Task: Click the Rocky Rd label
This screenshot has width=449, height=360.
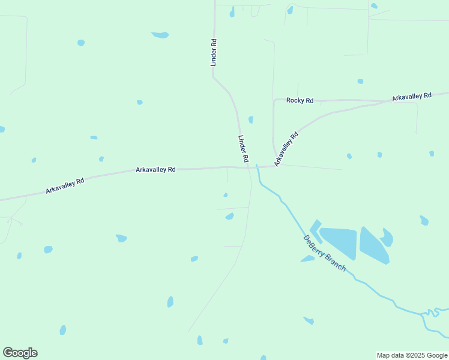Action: click(x=300, y=100)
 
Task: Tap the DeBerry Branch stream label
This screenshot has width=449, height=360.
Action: click(x=324, y=253)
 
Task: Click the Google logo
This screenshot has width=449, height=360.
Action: click(x=20, y=353)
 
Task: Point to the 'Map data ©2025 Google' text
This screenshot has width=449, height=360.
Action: click(x=412, y=355)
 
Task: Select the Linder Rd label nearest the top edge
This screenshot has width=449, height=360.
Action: click(x=213, y=52)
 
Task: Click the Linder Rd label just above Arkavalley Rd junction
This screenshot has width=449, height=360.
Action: click(x=243, y=149)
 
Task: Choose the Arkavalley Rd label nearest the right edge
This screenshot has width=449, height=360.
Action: click(x=412, y=96)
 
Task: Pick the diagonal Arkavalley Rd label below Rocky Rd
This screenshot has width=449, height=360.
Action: click(x=286, y=149)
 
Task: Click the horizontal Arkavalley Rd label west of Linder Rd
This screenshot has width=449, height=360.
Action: click(x=155, y=170)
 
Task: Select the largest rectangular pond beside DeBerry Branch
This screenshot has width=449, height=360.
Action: click(x=338, y=242)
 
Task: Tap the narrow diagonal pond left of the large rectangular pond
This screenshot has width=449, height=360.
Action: click(x=315, y=231)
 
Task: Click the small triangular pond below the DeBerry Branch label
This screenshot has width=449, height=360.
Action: click(x=307, y=259)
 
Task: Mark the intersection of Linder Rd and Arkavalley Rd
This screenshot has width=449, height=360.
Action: click(x=249, y=167)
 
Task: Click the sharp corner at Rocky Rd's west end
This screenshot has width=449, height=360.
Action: click(x=274, y=100)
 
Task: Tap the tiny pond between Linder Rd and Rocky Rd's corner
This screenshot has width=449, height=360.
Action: click(x=251, y=119)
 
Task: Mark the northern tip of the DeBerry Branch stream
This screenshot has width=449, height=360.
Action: click(x=257, y=165)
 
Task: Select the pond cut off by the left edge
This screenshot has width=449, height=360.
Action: click(x=2, y=129)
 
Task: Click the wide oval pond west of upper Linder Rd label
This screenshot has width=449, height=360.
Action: click(x=160, y=35)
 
